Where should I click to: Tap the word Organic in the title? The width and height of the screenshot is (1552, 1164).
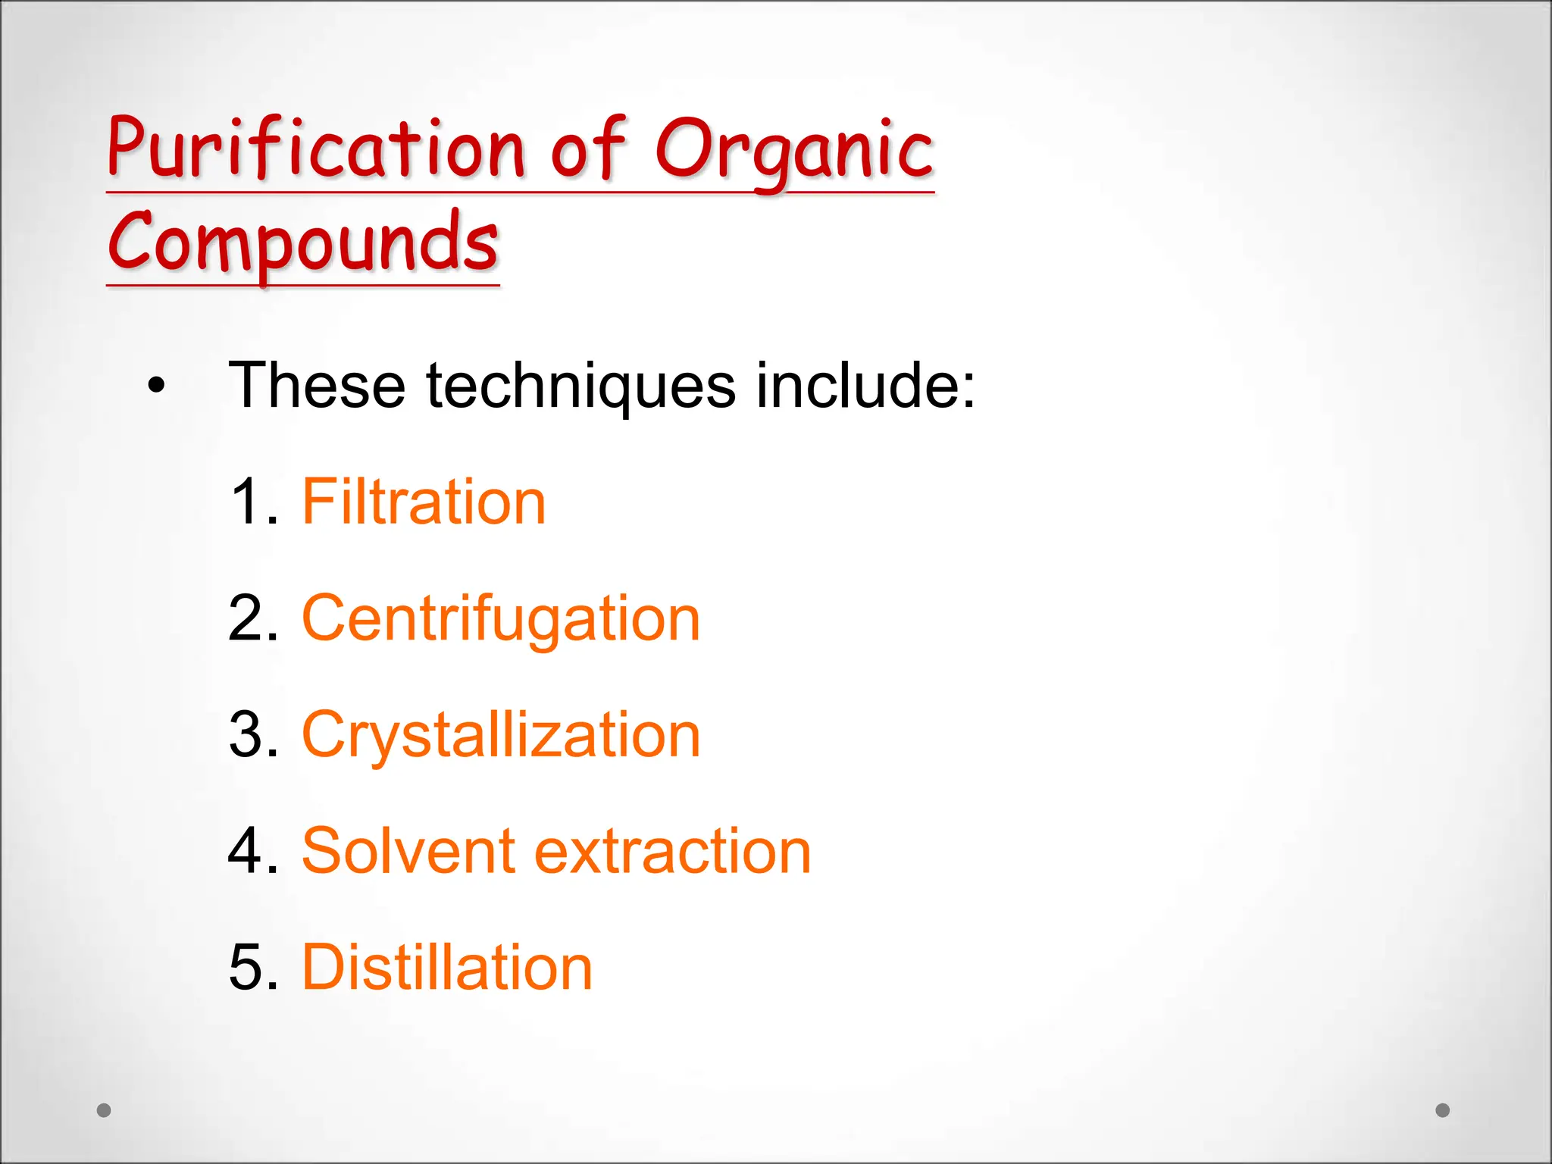(793, 150)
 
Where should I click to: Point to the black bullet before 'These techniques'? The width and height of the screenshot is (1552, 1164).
(156, 386)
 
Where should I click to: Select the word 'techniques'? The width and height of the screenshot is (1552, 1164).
(580, 386)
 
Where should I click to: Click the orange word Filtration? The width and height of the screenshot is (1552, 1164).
(424, 502)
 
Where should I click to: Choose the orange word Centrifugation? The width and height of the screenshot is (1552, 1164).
(501, 619)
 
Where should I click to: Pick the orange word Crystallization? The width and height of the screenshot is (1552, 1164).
(501, 735)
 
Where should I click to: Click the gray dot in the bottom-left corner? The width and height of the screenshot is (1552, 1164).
(105, 1110)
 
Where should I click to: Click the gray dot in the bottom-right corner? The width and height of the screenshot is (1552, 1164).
(1443, 1110)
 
